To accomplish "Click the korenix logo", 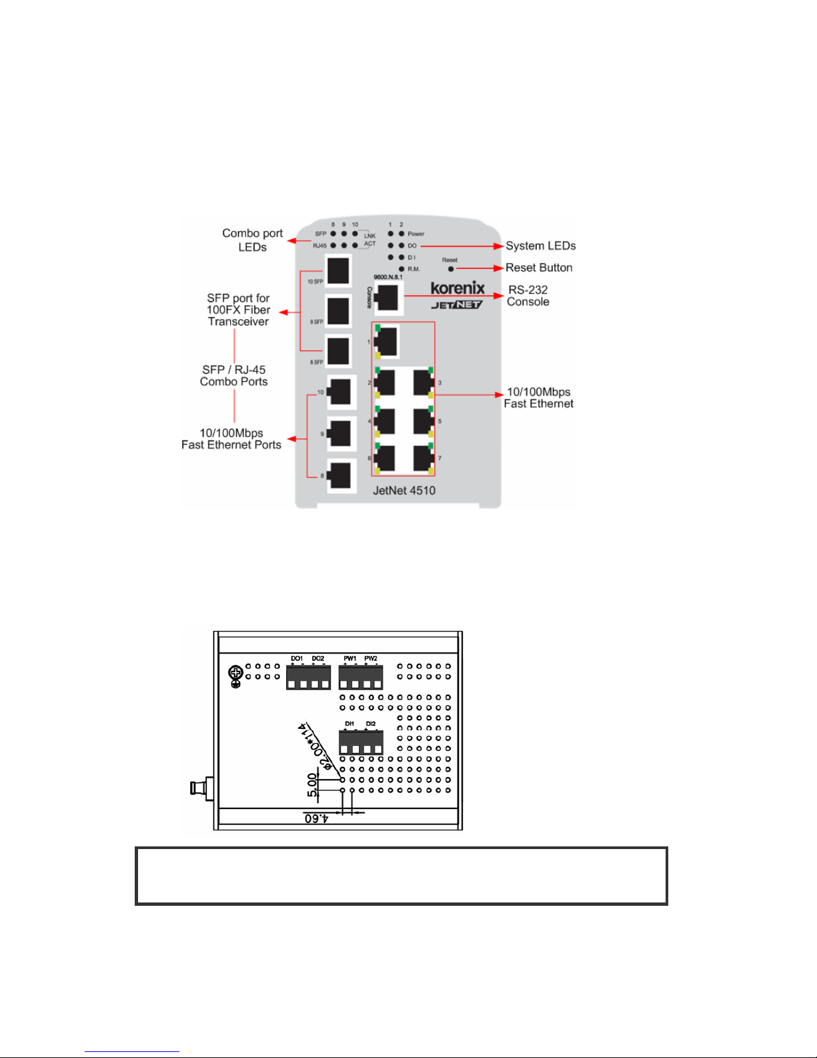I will [x=458, y=288].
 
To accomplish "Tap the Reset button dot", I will [x=451, y=269].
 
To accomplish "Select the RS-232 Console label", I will [x=528, y=296].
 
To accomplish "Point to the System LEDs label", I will [x=540, y=246].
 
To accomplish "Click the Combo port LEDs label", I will [x=252, y=240].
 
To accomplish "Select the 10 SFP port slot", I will [x=338, y=270].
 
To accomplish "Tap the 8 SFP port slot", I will [x=338, y=351].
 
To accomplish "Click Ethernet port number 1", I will [x=386, y=342].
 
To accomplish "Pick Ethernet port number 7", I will [x=424, y=459].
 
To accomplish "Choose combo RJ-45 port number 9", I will [x=339, y=433].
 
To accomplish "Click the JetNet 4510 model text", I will [x=404, y=491].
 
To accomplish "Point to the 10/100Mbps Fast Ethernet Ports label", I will [x=231, y=439].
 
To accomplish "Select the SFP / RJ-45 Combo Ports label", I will [x=234, y=376].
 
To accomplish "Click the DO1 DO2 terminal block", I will [x=308, y=678].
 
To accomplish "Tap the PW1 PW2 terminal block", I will [x=361, y=678].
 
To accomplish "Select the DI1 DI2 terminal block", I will [x=361, y=742].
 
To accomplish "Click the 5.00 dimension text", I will [x=312, y=785].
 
